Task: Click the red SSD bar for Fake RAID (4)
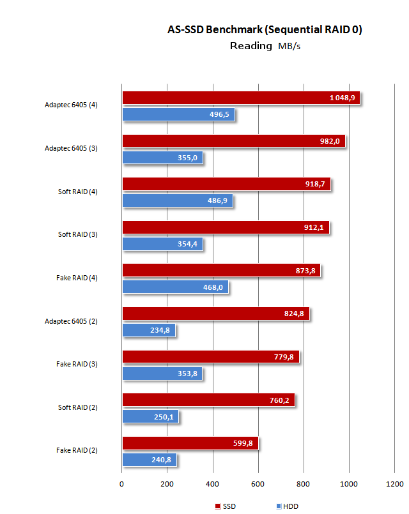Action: pos(220,271)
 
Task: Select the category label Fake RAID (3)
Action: pos(77,364)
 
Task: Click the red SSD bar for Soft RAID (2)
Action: pos(208,400)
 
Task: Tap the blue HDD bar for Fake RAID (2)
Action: pos(148,460)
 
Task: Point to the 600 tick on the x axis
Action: pos(258,483)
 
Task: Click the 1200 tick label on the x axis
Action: pos(394,483)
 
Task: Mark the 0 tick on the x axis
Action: pos(122,483)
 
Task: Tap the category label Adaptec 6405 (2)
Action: pos(71,321)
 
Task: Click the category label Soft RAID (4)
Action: pos(77,192)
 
